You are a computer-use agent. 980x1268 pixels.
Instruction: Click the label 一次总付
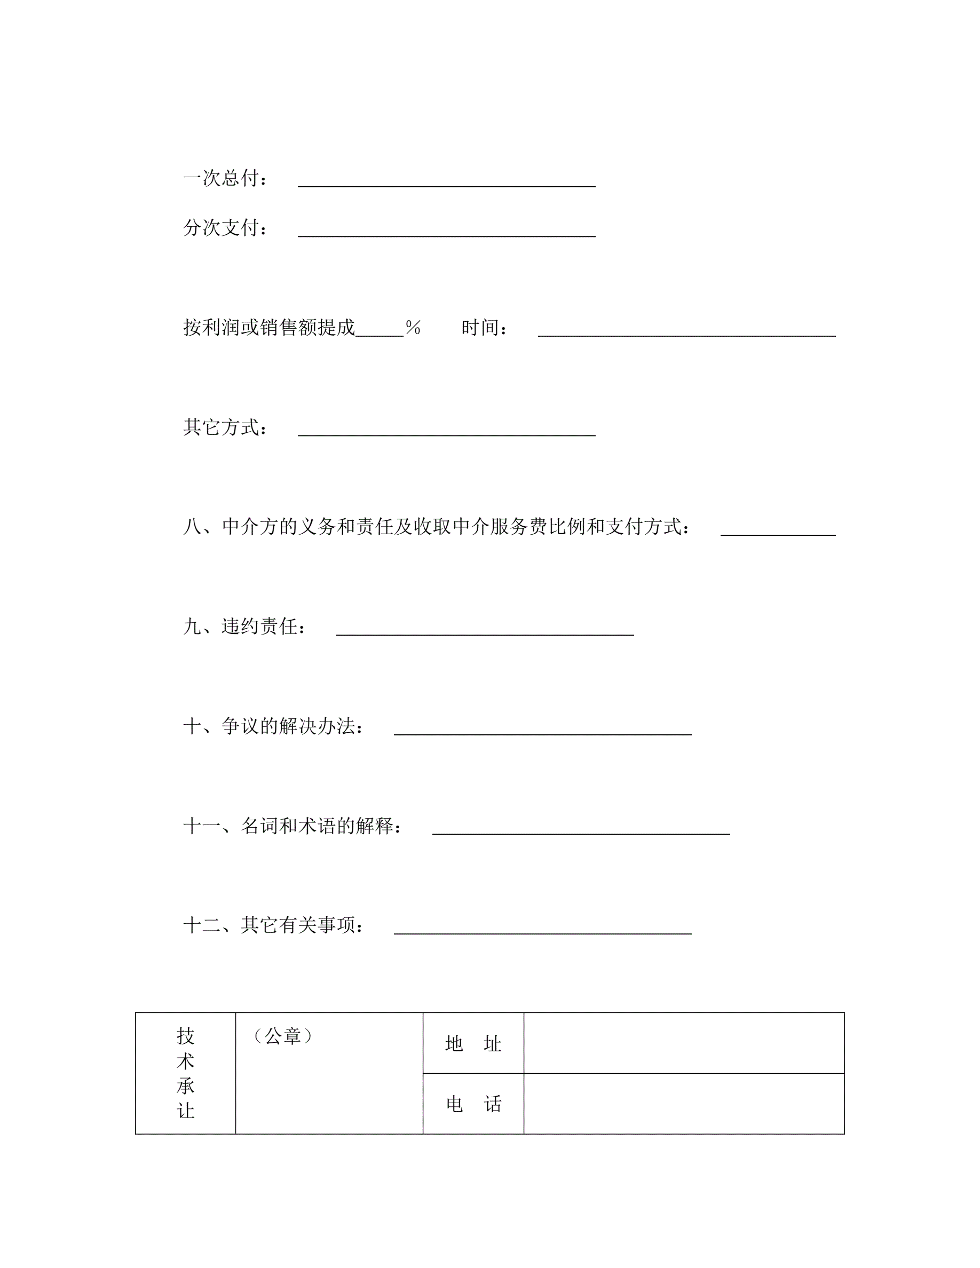[225, 178]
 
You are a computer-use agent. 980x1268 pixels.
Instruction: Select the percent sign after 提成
[413, 328]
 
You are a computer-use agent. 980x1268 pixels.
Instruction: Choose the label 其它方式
[225, 427]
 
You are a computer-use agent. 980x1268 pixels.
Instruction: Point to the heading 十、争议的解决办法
[273, 726]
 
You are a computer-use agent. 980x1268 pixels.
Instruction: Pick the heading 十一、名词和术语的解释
[293, 826]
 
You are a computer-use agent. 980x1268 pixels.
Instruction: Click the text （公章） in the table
[283, 1036]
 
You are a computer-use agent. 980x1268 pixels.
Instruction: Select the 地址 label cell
[473, 1043]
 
